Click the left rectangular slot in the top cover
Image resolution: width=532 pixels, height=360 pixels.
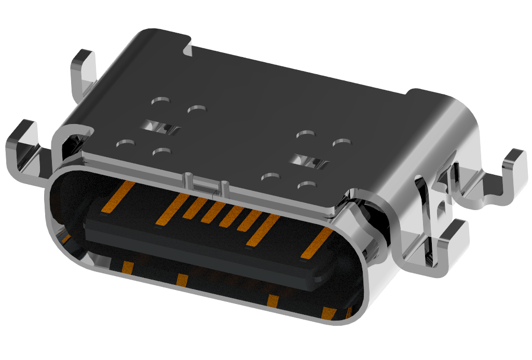(161, 127)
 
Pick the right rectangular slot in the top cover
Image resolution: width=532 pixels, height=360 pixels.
(309, 162)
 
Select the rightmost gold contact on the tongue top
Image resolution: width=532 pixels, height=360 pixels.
(316, 243)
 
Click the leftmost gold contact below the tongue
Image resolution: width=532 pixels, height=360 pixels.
(127, 268)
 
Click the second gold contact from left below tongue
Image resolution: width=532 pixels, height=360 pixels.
(182, 280)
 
